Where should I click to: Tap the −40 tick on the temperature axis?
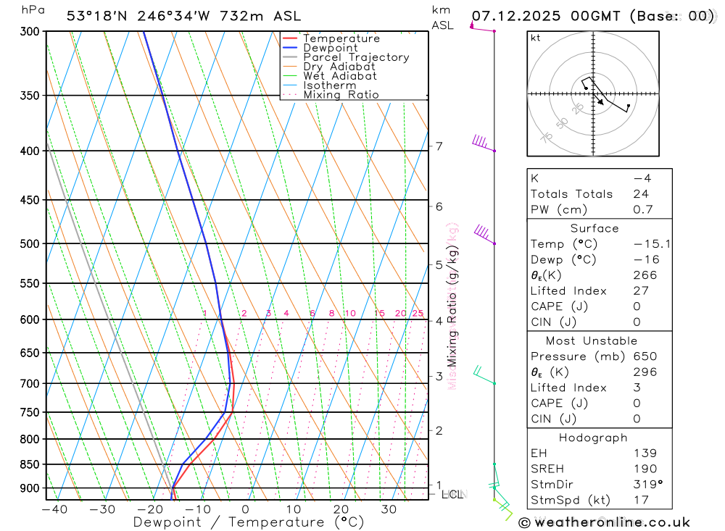point(54,509)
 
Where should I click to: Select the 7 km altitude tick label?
point(439,146)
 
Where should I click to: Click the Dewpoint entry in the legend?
point(330,48)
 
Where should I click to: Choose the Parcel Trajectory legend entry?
point(356,57)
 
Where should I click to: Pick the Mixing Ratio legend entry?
point(341,95)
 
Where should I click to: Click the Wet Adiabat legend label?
point(339,76)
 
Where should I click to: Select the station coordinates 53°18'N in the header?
point(96,15)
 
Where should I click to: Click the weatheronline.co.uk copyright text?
point(605,522)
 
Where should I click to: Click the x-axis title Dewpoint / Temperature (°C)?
point(248,522)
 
